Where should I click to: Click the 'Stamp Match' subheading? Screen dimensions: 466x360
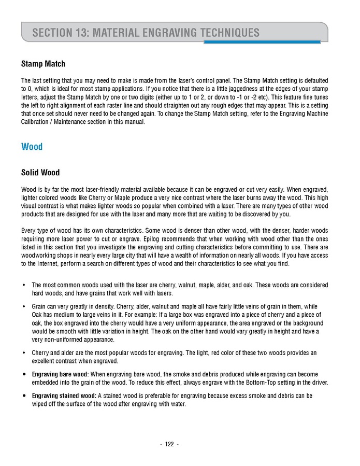pos(43,64)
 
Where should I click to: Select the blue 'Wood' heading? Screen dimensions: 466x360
pos(32,147)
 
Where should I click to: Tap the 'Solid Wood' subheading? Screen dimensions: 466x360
pos(40,173)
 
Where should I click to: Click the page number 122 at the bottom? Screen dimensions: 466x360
pos(169,444)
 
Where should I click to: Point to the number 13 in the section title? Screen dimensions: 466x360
pos(78,33)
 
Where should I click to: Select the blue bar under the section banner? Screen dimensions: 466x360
pos(262,42)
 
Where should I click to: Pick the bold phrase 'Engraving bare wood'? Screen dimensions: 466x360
pos(60,374)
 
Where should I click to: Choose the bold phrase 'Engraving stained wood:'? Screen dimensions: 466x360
pos(64,396)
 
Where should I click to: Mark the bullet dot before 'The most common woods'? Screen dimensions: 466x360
pos(24,285)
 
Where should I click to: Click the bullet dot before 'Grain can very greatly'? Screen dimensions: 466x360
pos(24,306)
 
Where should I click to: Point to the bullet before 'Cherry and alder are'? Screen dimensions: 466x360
pos(24,353)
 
